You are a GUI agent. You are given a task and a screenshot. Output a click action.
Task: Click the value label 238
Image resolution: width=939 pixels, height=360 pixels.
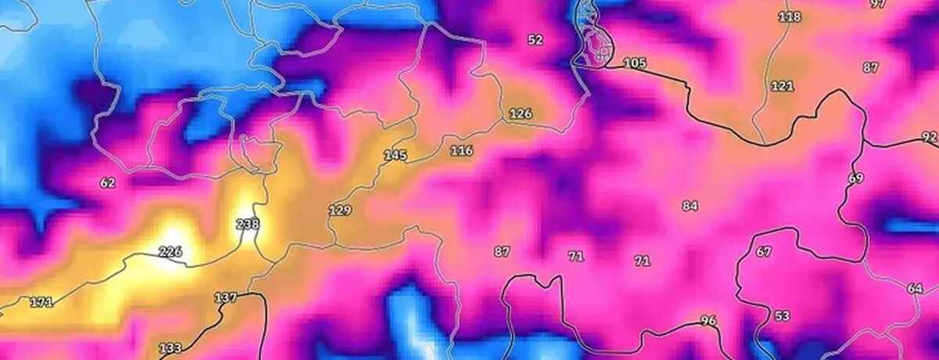[247, 225]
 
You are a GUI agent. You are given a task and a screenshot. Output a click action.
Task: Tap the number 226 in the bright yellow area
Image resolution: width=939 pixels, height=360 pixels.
[170, 252]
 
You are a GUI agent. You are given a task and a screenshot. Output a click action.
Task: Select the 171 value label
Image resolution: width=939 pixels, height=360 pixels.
[41, 302]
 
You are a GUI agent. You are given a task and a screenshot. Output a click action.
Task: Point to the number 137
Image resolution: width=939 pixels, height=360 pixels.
[225, 298]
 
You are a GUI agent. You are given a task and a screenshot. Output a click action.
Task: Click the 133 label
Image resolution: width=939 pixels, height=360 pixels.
[170, 348]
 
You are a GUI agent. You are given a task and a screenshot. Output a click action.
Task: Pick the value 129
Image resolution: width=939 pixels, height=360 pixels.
[340, 211]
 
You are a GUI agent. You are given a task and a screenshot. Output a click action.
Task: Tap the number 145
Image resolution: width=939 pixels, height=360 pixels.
[395, 156]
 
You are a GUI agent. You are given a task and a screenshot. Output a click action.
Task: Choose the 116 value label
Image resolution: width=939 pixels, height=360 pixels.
[462, 150]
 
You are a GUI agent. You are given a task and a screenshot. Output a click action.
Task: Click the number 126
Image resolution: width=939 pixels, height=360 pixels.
[520, 114]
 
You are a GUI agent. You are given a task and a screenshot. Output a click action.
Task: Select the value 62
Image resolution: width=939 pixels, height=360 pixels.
[108, 183]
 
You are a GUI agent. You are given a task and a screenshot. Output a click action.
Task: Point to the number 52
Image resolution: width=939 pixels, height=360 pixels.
[535, 40]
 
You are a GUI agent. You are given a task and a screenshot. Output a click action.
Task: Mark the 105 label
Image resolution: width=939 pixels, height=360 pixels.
[635, 63]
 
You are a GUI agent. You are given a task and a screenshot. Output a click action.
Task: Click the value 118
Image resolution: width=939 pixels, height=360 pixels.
[790, 16]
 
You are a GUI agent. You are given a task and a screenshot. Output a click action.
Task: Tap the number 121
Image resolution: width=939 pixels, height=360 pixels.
[782, 86]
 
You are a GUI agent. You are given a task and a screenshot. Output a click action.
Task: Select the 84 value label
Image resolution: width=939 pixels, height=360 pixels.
[689, 206]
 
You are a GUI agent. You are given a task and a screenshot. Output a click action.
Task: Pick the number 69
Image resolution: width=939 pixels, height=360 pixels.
[855, 178]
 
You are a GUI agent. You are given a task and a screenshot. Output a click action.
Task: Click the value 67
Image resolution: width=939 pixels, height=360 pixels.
[764, 252]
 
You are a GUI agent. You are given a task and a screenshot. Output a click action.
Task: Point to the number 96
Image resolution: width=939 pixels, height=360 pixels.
[708, 320]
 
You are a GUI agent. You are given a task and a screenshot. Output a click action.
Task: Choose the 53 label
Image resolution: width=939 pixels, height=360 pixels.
[782, 316]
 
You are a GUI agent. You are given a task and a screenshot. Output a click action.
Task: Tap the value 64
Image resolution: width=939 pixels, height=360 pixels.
[915, 289]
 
